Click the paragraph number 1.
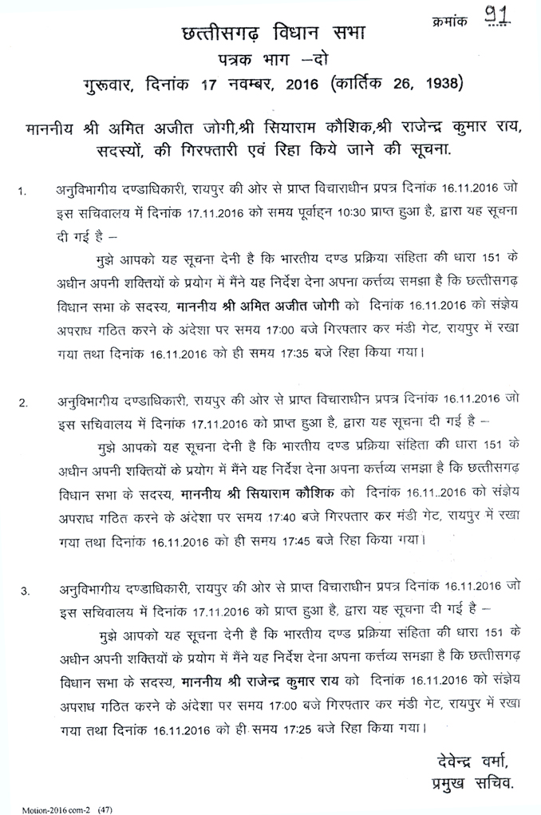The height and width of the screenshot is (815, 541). (x=23, y=192)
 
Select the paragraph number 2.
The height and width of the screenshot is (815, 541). (x=23, y=402)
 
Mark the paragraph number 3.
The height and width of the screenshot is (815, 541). (x=25, y=591)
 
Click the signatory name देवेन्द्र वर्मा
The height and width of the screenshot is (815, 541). (x=472, y=757)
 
